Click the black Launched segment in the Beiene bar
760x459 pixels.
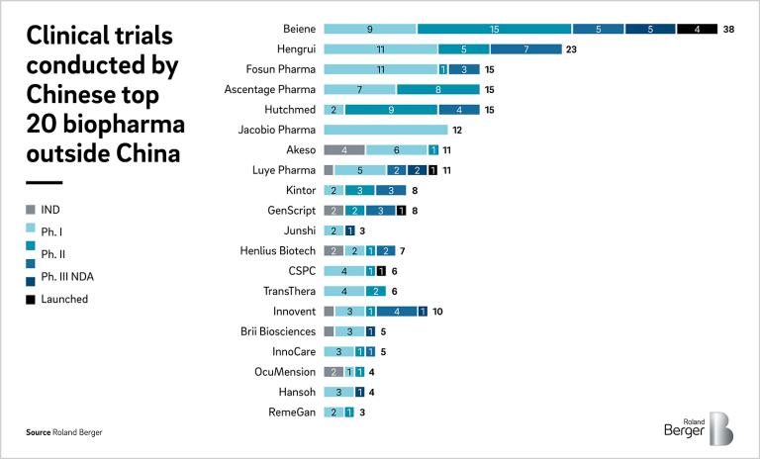click(x=698, y=29)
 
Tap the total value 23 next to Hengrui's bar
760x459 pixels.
click(x=571, y=48)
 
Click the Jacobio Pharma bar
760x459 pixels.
click(x=386, y=130)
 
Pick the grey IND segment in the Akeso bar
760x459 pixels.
click(x=344, y=149)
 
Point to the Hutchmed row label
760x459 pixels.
click(x=289, y=110)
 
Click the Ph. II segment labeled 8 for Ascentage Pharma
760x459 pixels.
click(x=438, y=89)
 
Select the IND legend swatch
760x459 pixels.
click(x=31, y=210)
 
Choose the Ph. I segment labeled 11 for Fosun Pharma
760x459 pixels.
click(x=381, y=69)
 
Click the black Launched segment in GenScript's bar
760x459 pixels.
click(x=401, y=211)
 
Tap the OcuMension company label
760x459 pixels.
click(x=285, y=372)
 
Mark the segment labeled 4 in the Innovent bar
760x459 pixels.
click(x=396, y=312)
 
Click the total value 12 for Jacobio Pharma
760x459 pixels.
click(x=457, y=130)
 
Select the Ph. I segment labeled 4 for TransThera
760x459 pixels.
click(x=344, y=291)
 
